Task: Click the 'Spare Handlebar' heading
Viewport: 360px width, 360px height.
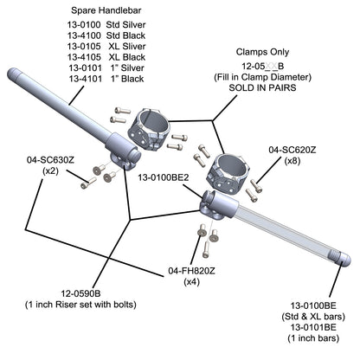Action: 106,10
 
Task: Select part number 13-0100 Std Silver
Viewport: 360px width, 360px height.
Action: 106,25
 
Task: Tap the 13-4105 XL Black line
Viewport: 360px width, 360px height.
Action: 106,57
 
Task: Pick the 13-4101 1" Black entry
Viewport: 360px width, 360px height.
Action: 106,79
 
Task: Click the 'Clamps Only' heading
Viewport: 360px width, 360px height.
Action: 262,52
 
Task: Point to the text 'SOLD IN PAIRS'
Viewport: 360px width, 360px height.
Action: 262,87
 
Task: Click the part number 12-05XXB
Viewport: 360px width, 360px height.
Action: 262,67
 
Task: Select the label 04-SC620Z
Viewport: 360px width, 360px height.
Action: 292,150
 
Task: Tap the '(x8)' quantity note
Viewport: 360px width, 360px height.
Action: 292,161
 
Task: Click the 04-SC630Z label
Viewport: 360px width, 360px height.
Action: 50,160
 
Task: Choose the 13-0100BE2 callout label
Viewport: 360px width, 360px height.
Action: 164,177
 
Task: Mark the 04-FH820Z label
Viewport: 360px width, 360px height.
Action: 191,271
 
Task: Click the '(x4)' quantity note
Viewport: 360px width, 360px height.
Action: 192,282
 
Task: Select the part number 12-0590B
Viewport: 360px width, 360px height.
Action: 80,293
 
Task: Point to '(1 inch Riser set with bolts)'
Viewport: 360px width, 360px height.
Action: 80,305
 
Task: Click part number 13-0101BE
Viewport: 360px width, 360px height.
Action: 313,327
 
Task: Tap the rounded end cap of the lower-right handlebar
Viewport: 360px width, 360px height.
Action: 343,259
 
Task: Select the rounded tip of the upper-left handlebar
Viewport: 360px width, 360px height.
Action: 13,74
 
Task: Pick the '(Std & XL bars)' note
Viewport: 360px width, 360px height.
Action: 313,317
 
